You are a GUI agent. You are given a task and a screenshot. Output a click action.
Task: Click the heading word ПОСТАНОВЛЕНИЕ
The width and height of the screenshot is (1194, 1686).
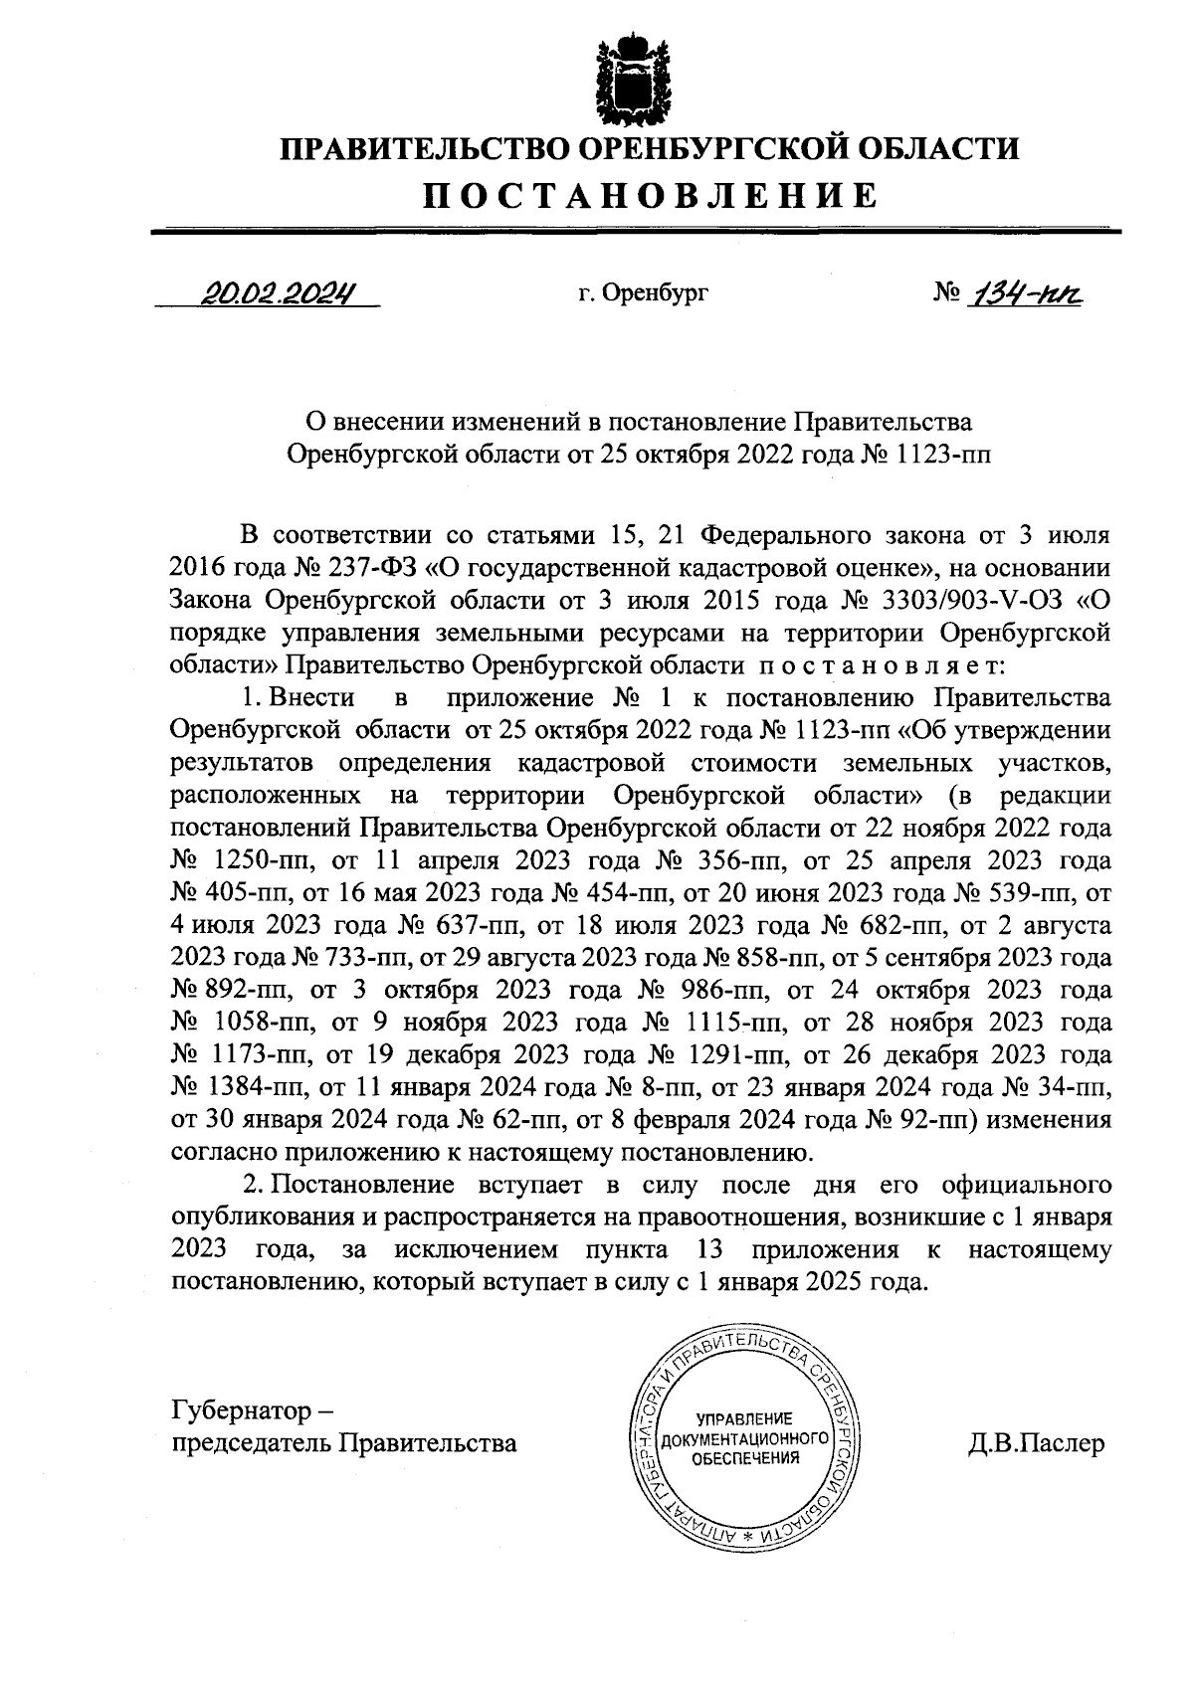[652, 195]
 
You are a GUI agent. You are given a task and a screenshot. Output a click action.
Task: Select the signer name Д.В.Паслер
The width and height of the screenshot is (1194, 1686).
[1036, 1443]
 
